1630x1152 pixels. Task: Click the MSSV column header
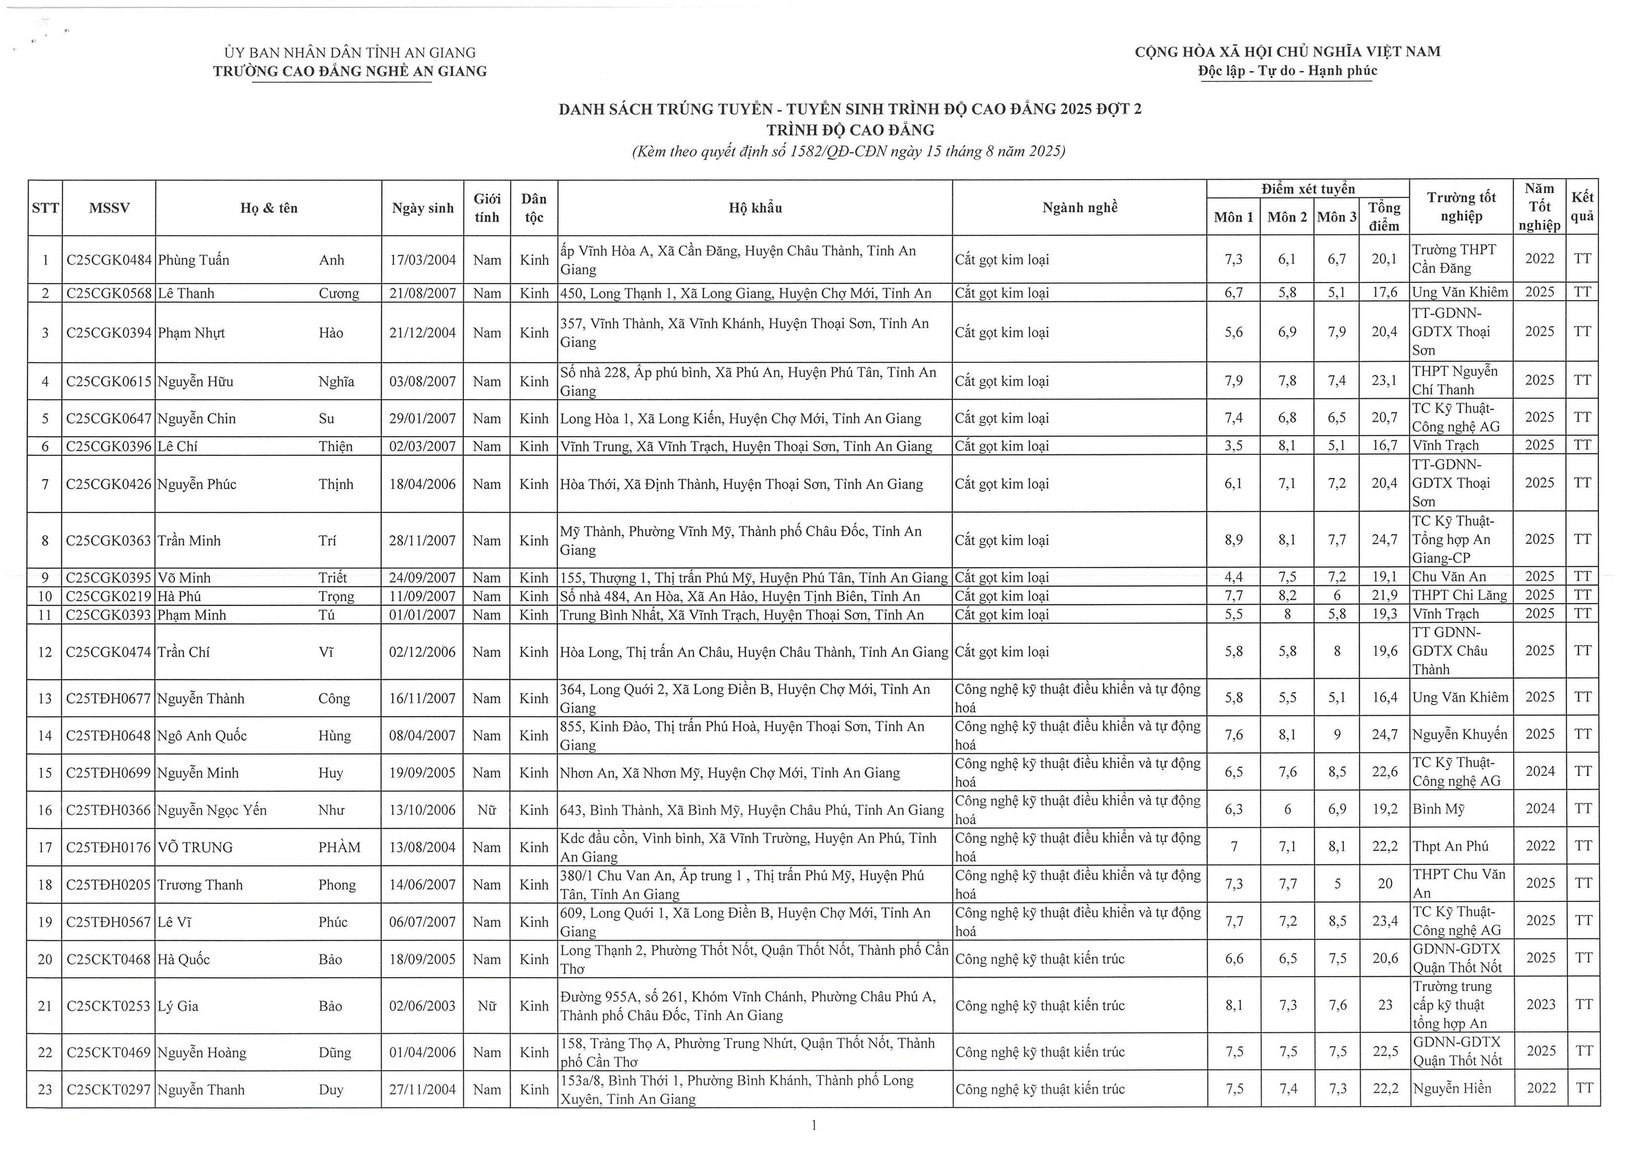109,208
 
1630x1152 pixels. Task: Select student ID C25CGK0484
109,260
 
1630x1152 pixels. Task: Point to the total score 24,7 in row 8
1384,540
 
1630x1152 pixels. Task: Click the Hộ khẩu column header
755,208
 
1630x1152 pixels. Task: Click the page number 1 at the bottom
814,1125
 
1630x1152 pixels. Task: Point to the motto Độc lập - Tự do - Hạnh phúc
1287,71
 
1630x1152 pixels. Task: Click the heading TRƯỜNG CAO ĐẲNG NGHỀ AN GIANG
350,71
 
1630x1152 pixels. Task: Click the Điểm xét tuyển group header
1308,189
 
